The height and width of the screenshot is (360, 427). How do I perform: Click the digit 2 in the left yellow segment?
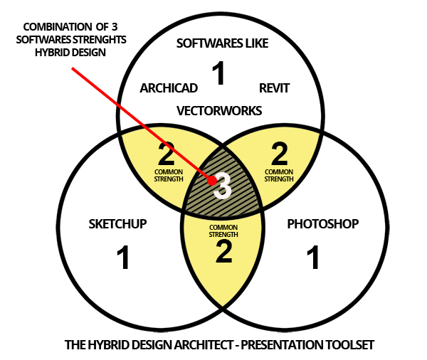click(x=167, y=154)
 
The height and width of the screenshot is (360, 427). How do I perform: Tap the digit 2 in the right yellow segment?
click(x=279, y=154)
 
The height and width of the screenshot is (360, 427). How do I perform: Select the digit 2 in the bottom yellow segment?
click(x=223, y=252)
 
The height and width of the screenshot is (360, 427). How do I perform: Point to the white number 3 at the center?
click(x=223, y=186)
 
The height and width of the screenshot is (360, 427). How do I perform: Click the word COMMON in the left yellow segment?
click(x=169, y=171)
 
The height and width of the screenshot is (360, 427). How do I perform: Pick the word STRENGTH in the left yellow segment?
click(x=169, y=179)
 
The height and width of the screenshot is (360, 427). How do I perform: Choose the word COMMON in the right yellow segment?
click(x=279, y=171)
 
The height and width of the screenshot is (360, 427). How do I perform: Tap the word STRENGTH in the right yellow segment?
click(x=279, y=179)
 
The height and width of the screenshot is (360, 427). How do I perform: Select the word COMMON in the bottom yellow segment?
click(x=223, y=227)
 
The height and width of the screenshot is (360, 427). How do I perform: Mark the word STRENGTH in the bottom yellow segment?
click(x=223, y=234)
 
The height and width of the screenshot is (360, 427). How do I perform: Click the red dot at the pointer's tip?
click(x=211, y=181)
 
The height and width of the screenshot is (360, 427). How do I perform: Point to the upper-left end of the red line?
click(x=73, y=68)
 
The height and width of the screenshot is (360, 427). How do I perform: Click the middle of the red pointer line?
click(x=142, y=125)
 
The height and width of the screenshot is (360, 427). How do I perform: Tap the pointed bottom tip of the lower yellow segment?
click(x=223, y=306)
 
